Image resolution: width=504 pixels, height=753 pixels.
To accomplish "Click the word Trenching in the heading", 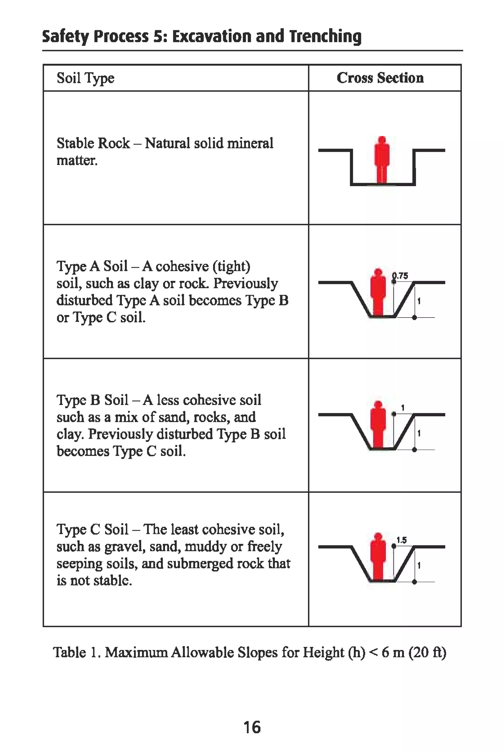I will point(325,36).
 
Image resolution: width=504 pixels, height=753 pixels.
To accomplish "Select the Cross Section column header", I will point(380,78).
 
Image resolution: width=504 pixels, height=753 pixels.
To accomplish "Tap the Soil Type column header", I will point(85,78).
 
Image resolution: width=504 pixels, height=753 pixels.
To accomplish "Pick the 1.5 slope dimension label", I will point(401,540).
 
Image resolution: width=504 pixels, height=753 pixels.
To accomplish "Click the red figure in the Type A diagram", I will point(378,292).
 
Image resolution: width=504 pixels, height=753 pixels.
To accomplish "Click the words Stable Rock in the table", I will point(93,143).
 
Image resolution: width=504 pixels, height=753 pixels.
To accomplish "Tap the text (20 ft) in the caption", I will point(427,652).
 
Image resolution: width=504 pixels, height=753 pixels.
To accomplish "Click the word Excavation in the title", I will point(212,36).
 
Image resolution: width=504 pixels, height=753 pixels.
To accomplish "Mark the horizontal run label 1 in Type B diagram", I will point(403,408).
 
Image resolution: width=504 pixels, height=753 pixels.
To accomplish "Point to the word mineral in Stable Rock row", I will point(250,143).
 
